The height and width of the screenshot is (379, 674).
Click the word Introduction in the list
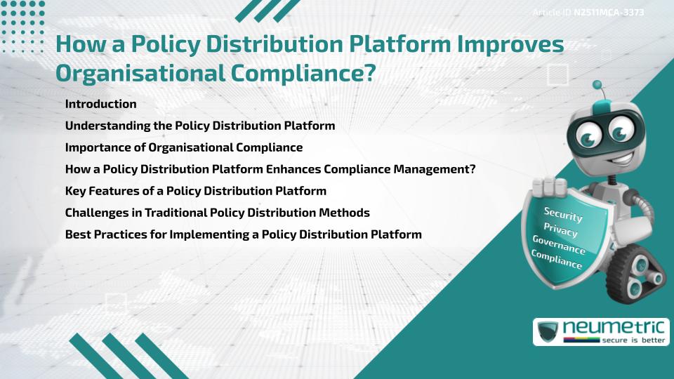100,104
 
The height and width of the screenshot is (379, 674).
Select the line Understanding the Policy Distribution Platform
199,126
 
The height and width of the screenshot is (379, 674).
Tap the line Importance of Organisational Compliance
183,147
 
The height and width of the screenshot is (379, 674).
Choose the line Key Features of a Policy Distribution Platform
195,191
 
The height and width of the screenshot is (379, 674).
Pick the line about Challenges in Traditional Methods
217,213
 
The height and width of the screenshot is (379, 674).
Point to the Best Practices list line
243,234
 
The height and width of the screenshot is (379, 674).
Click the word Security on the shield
563,214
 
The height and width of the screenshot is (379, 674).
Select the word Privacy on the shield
560,230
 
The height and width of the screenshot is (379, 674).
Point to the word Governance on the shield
559,245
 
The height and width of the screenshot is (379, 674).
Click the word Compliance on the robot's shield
557,260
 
